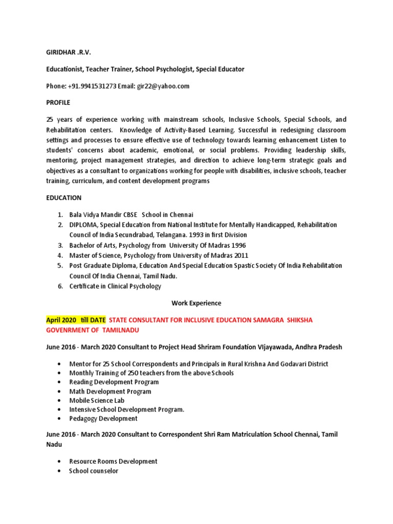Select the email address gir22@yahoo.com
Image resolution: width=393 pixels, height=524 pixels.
tap(163, 86)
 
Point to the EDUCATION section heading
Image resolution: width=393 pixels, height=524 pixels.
tap(63, 198)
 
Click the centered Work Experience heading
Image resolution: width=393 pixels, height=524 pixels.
tap(196, 303)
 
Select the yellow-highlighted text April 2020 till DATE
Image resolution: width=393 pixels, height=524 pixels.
tap(76, 320)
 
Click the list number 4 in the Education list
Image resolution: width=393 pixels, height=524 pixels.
tap(60, 255)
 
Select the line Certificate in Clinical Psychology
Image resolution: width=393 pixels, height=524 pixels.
tap(115, 286)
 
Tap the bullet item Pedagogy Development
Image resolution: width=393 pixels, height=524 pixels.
tap(103, 418)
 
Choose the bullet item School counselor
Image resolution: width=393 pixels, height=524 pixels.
tap(94, 470)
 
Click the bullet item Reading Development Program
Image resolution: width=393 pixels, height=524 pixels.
tap(114, 382)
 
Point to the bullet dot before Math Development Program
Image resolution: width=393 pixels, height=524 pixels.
tap(60, 391)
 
